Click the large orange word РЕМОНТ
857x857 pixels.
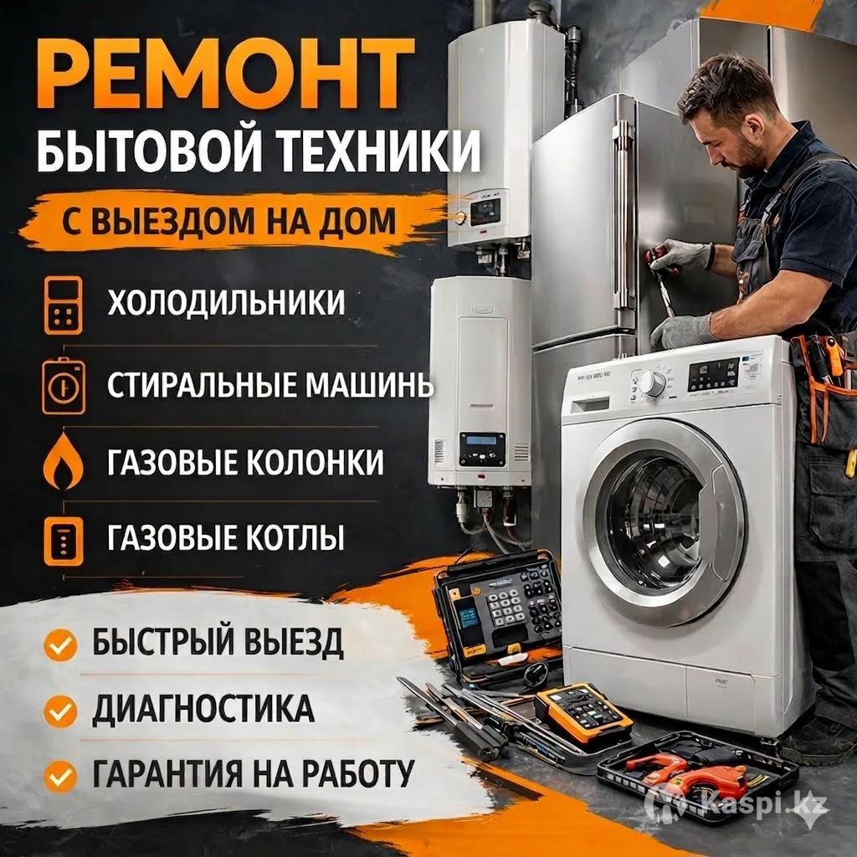pos(225,74)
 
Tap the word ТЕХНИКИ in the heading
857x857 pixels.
pos(380,151)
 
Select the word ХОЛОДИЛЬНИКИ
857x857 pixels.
pos(226,302)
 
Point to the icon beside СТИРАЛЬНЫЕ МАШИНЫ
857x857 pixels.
pos(64,386)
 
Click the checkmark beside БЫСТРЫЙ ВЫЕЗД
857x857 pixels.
pos(60,645)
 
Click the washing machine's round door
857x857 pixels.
pos(664,522)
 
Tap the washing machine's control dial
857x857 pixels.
pos(652,382)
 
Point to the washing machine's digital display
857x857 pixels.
pos(713,374)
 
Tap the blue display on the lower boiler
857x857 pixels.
pos(481,441)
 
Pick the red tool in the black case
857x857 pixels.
pos(690,773)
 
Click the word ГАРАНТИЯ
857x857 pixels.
pos(167,774)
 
